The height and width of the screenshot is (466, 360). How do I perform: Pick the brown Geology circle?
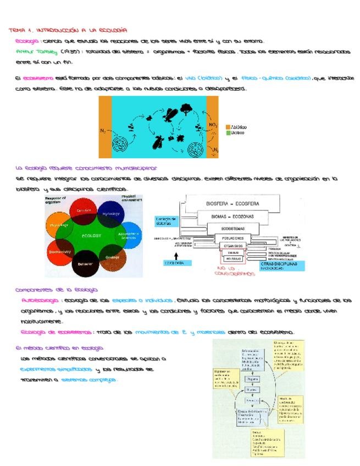click(113, 258)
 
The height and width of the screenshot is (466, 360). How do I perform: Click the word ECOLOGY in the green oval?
click(92, 236)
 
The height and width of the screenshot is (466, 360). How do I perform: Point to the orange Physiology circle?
click(59, 226)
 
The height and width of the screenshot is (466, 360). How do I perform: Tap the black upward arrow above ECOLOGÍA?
click(176, 255)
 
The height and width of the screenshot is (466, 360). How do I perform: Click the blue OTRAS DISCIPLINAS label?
click(282, 266)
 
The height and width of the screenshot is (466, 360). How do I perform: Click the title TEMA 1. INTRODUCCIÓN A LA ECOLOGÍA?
click(68, 30)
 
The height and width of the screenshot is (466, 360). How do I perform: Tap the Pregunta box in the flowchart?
click(253, 379)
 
